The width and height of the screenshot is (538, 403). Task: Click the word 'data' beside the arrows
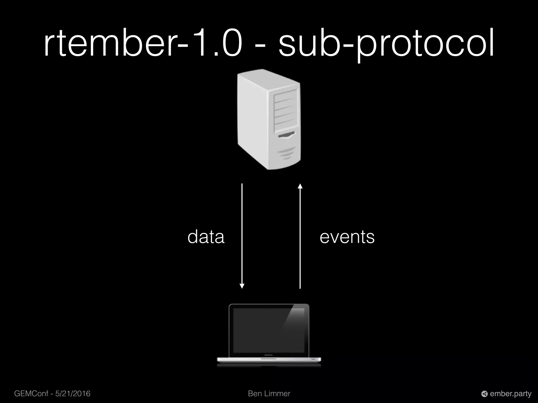coord(206,237)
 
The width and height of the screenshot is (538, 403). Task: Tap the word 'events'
coord(347,237)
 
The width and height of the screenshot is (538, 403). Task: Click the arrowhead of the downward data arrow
coord(242,286)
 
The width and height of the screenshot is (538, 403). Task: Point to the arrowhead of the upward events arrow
coord(300,186)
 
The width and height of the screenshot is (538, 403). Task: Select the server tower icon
coord(269,119)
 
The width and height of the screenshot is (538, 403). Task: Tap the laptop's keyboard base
coord(269,360)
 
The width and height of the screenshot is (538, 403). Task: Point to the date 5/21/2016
coord(73,394)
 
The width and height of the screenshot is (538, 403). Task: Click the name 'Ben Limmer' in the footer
coord(269,394)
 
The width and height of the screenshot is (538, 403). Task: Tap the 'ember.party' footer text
coord(511,394)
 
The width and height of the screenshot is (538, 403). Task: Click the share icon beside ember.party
coord(484,394)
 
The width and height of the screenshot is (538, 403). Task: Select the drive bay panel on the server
coord(286,110)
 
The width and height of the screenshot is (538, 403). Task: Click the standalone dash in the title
coord(260,47)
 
